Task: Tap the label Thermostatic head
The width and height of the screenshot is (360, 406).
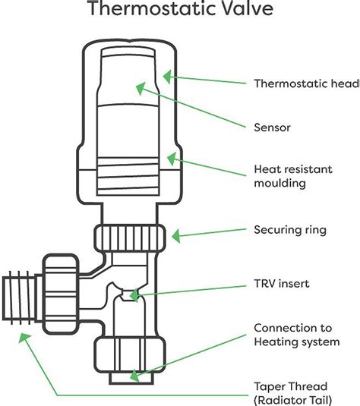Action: pos(307,83)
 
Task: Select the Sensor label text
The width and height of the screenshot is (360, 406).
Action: pos(272,127)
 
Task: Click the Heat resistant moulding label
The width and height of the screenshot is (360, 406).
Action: pos(293,176)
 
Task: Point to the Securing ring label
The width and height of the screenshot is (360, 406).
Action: pos(290,230)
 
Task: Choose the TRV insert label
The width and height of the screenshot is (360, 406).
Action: pos(282,284)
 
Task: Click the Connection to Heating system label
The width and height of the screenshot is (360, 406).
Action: pos(297,335)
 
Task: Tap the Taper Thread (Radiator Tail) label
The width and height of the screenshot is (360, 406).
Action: pos(293,394)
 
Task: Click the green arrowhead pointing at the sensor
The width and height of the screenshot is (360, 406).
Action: pos(141,88)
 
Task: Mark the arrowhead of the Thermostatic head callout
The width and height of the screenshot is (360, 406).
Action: pos(167,77)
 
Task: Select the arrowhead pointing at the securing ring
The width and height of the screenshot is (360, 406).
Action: pos(176,236)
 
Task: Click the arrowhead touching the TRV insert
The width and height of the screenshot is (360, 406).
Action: pos(134,295)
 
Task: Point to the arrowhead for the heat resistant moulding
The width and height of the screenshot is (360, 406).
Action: pos(172,159)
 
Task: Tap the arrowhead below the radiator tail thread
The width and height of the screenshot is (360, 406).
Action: pos(24,338)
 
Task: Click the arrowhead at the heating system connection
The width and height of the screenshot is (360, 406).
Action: pos(134,376)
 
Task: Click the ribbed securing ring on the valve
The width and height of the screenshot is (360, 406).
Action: pos(129,238)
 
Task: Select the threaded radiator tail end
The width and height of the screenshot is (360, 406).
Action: pos(19,297)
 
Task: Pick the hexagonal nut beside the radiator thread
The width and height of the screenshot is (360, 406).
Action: pos(61,294)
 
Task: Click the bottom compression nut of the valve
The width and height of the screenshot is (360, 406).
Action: pos(129,354)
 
